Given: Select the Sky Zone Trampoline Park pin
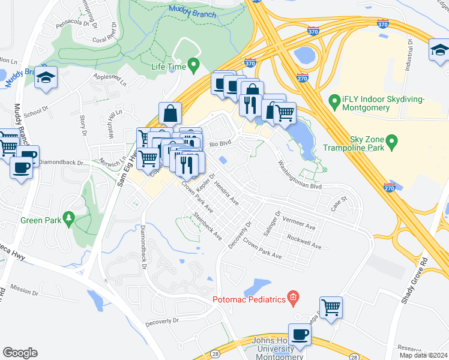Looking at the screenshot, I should click(x=393, y=143).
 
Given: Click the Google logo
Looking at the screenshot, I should click(x=20, y=353).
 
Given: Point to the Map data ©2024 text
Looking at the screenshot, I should click(x=423, y=355).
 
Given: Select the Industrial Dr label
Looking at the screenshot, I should click(x=408, y=55).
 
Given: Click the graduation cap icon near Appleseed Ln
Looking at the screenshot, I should click(x=46, y=79).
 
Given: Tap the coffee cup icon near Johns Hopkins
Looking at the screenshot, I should click(x=300, y=334).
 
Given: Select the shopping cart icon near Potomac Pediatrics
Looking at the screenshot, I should click(x=331, y=307).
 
